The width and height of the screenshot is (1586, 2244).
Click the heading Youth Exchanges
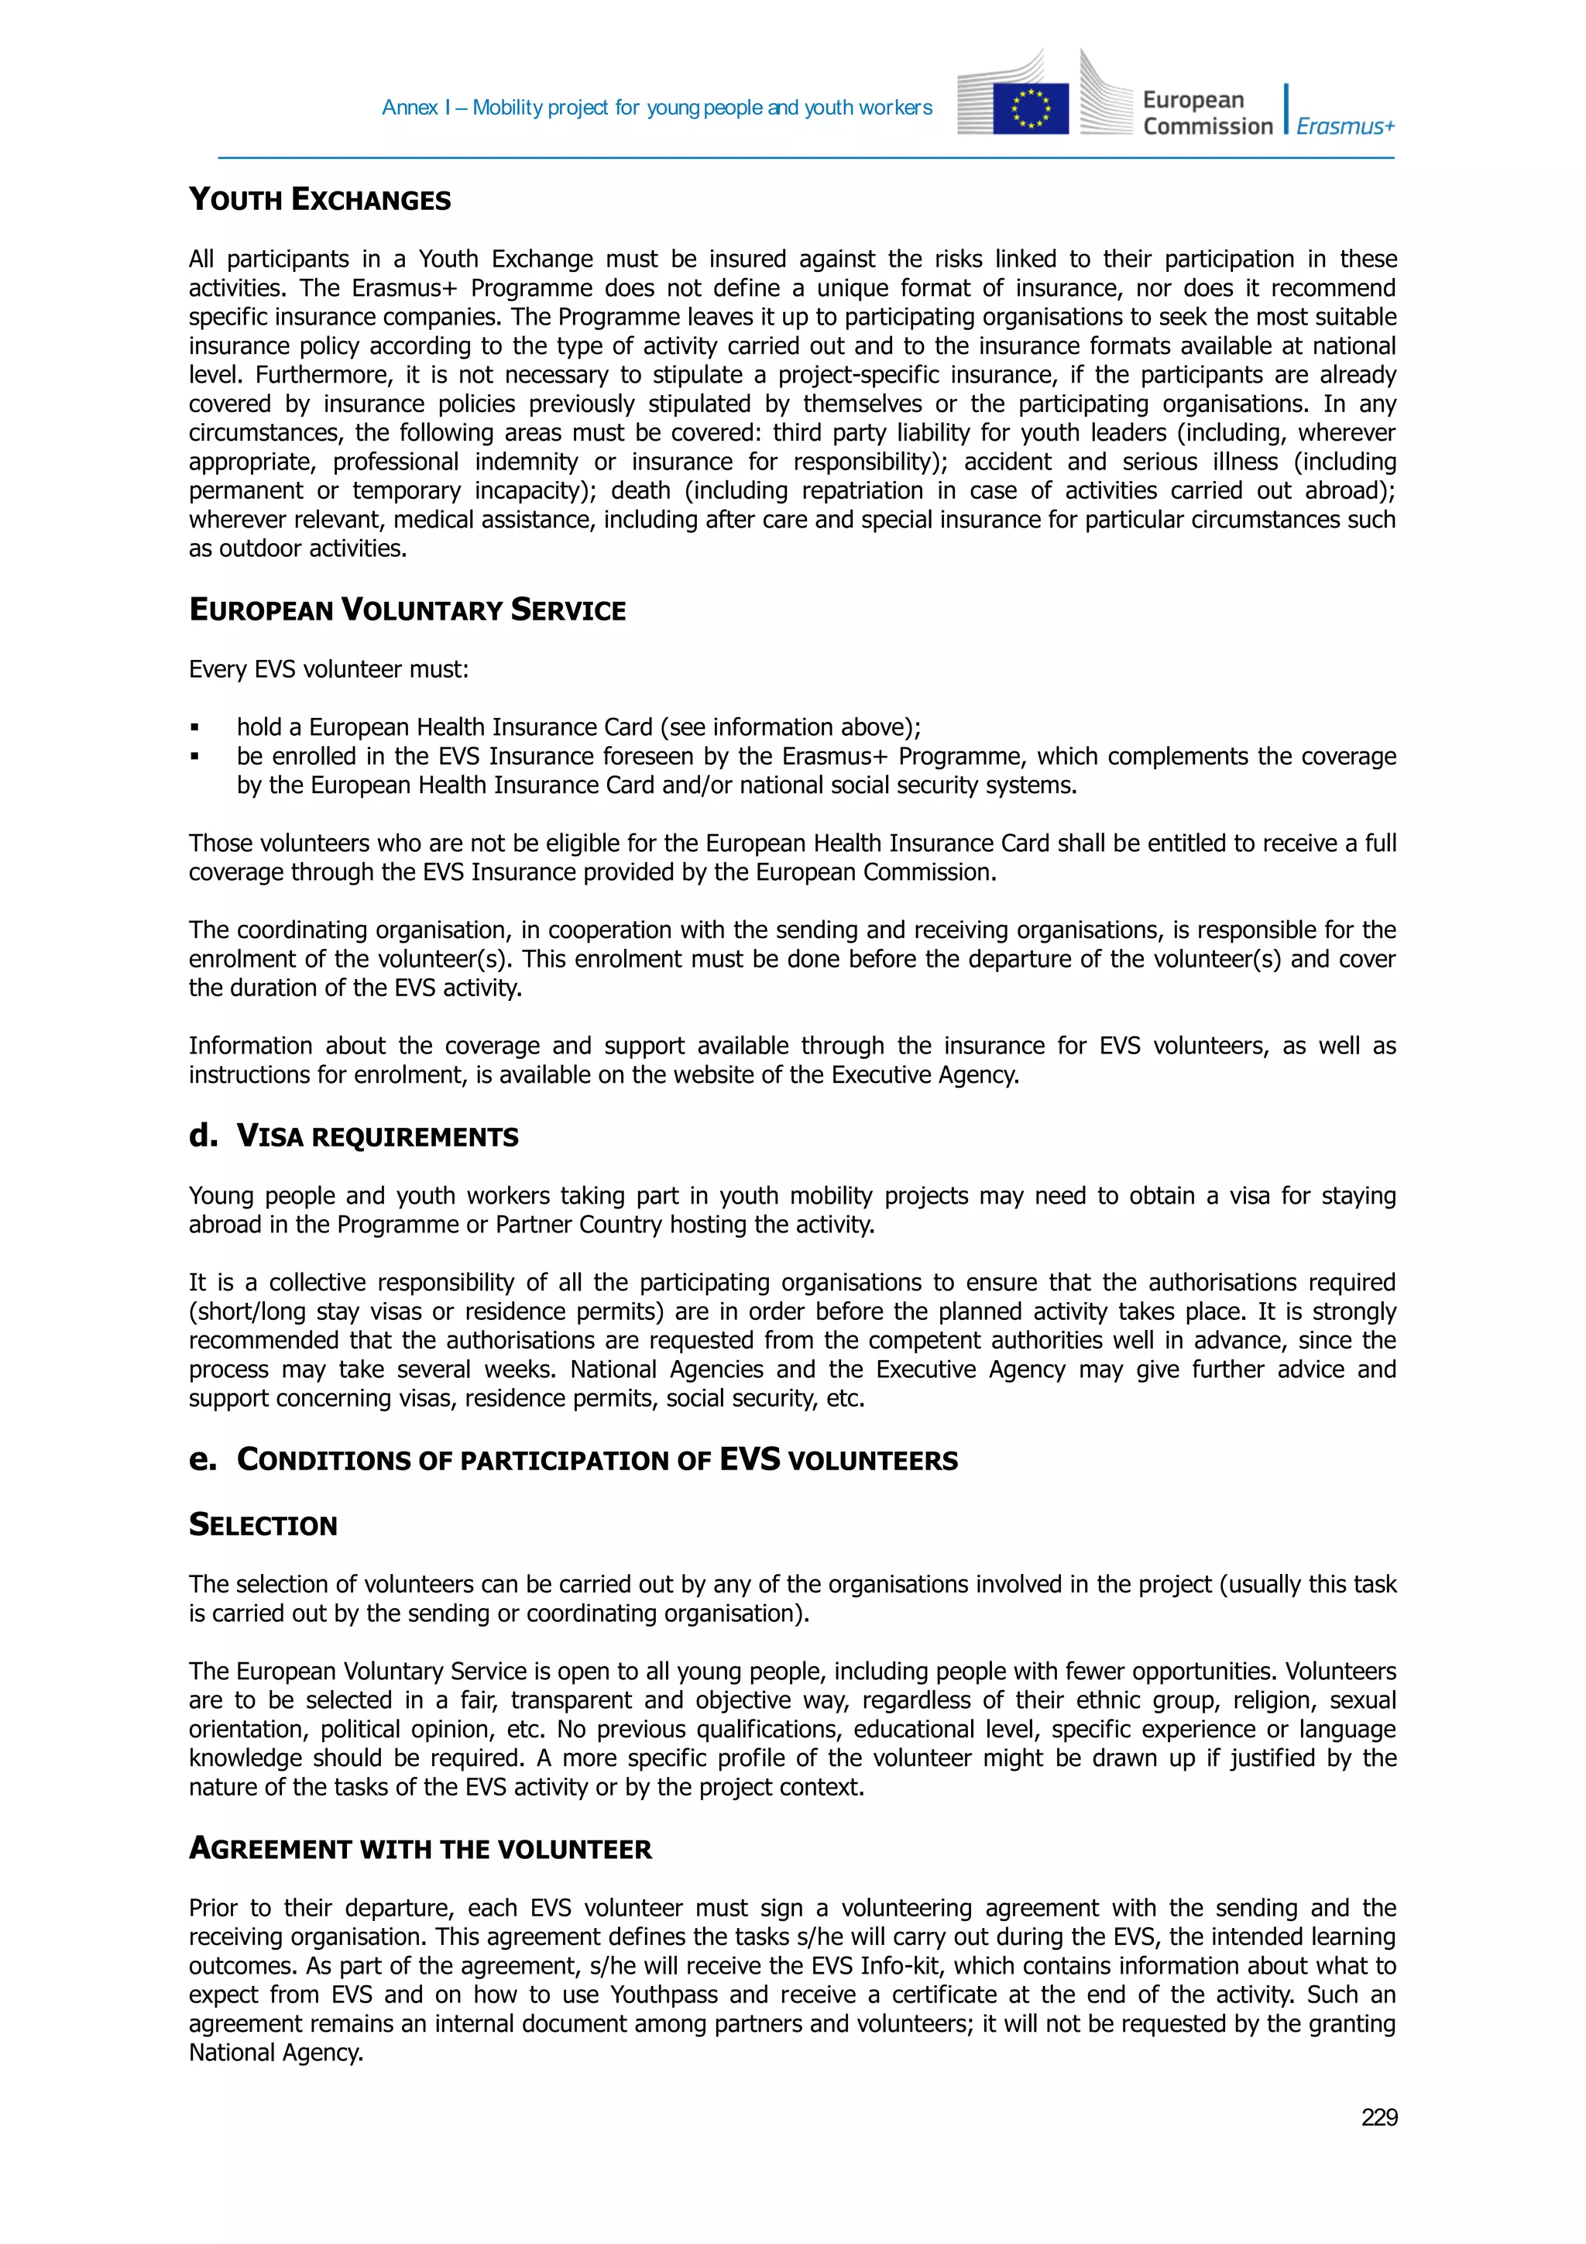[x=320, y=201]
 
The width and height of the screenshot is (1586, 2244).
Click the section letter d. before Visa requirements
[x=203, y=1136]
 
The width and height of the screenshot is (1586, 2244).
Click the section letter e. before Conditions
[x=202, y=1459]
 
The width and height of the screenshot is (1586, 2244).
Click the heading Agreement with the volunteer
[x=421, y=1848]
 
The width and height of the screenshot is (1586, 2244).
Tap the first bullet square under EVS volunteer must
[x=194, y=728]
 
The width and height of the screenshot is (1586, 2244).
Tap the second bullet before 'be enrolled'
[x=194, y=758]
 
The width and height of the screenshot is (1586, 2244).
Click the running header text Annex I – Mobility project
[x=657, y=108]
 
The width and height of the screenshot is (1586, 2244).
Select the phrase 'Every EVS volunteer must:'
[x=328, y=669]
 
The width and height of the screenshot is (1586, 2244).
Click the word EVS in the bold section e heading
[x=750, y=1459]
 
